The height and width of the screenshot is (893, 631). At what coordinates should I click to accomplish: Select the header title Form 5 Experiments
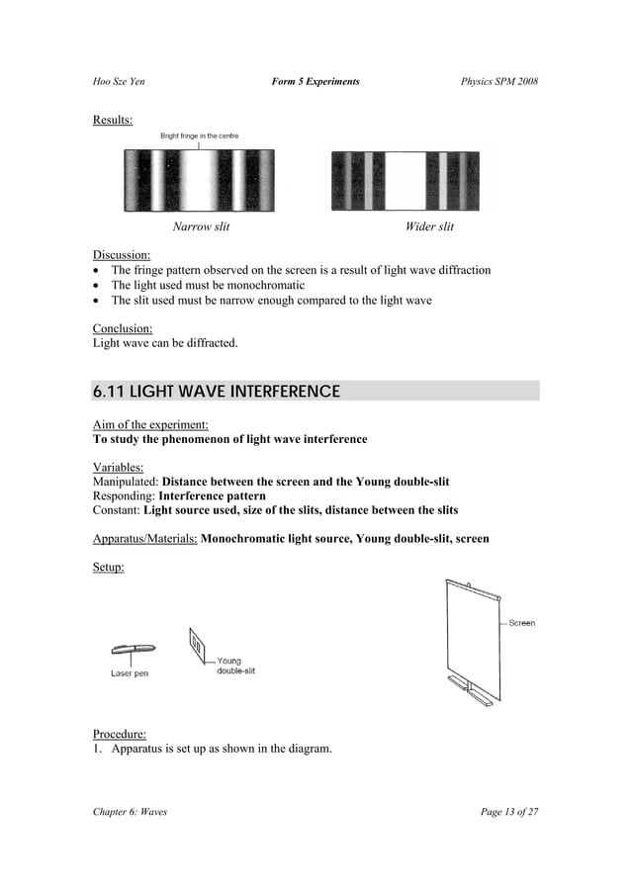coord(315,80)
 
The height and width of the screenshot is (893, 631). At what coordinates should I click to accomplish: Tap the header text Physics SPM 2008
coord(499,80)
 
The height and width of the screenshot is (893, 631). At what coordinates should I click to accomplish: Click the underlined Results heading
coord(113,121)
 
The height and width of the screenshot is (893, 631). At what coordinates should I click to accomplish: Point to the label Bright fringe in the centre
coord(199,135)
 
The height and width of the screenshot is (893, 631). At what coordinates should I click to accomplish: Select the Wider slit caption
coord(429,227)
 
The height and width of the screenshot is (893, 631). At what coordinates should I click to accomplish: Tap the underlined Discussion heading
coord(122,255)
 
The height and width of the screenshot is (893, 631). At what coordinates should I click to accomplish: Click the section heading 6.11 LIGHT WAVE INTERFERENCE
coord(216,392)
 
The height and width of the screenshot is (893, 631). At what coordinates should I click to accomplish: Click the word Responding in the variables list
coord(124,495)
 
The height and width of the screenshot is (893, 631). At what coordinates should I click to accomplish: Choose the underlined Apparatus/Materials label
coord(144,539)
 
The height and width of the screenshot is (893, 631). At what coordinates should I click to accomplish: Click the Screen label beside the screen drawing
coord(521,623)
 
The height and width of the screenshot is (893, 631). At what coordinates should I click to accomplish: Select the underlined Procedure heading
coord(119,734)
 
